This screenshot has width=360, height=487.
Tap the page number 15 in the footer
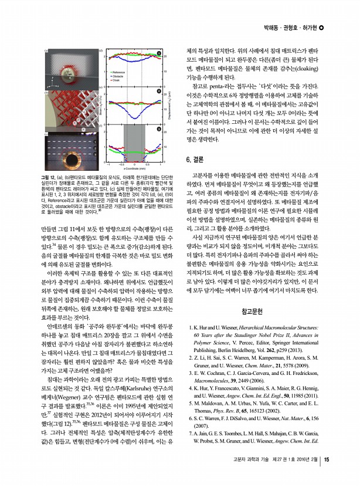[x=327, y=476]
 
